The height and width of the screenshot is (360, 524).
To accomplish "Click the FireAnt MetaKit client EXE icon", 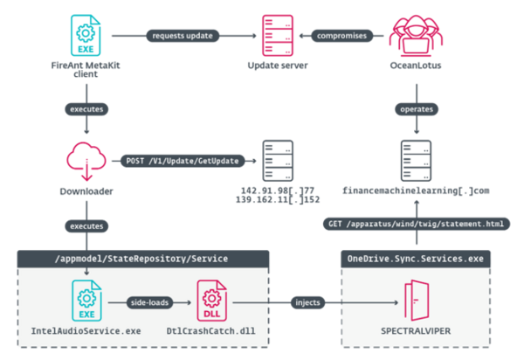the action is click(x=86, y=35).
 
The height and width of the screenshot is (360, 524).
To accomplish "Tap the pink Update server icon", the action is click(x=278, y=35).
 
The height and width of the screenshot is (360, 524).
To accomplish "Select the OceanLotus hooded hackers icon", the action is click(x=416, y=35).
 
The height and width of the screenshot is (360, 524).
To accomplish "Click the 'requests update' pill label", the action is click(x=183, y=36).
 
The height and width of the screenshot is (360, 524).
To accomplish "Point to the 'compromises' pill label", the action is click(x=341, y=36).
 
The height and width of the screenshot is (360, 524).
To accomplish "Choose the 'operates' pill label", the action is click(x=417, y=109).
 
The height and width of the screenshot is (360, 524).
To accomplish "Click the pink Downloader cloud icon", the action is click(x=86, y=162).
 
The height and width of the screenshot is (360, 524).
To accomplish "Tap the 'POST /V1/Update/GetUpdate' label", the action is click(x=183, y=161).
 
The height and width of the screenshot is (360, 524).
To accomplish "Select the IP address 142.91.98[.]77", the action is click(x=278, y=190).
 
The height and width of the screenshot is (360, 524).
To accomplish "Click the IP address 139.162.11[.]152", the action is click(x=278, y=200).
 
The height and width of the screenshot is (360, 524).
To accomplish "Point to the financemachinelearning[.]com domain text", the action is click(x=416, y=190).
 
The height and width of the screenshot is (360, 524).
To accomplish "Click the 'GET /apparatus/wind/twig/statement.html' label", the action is click(x=417, y=224).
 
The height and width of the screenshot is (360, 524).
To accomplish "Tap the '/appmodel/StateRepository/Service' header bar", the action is click(x=143, y=259).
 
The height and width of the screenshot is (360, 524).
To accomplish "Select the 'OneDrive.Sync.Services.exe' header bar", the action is click(x=416, y=259).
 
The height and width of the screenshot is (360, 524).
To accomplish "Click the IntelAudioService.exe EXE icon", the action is click(x=86, y=301).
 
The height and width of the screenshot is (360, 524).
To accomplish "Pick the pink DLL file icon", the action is click(x=211, y=301).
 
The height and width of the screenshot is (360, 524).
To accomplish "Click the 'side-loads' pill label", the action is click(x=149, y=303).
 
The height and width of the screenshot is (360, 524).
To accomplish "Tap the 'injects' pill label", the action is click(x=307, y=303).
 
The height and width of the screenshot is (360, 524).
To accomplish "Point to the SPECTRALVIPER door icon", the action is click(x=417, y=301).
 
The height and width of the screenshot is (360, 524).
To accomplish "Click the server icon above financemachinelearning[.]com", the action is click(x=416, y=161).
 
